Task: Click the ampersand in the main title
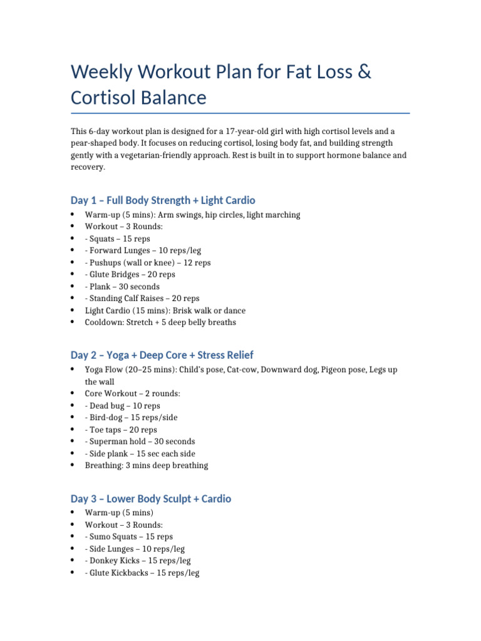point(364,72)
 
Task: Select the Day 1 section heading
point(163,200)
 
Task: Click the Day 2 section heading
point(162,355)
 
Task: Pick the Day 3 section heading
point(151,499)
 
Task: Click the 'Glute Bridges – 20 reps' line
point(130,275)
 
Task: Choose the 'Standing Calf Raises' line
point(141,299)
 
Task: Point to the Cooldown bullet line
point(160,322)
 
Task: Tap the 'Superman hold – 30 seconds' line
point(140,441)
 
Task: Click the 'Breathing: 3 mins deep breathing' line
point(147,465)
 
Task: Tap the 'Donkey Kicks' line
point(138,560)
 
